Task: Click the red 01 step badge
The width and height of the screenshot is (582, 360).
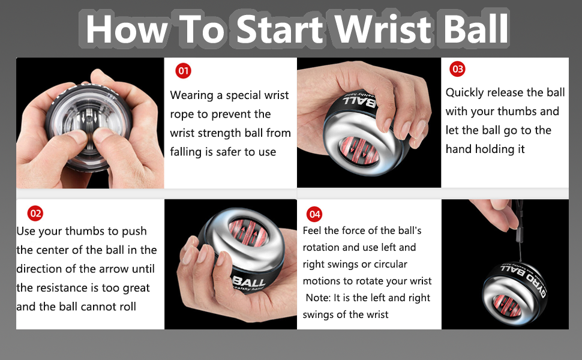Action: (184, 71)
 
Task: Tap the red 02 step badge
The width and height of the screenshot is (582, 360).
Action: (35, 213)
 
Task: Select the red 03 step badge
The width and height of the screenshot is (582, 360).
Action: (457, 69)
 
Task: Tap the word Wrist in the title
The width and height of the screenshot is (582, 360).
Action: (382, 28)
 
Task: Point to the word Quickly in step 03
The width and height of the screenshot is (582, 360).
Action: (465, 92)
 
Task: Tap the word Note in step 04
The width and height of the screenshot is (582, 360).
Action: (317, 298)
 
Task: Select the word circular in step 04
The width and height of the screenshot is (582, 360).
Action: (388, 264)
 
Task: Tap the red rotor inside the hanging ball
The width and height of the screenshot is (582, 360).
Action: (507, 300)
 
